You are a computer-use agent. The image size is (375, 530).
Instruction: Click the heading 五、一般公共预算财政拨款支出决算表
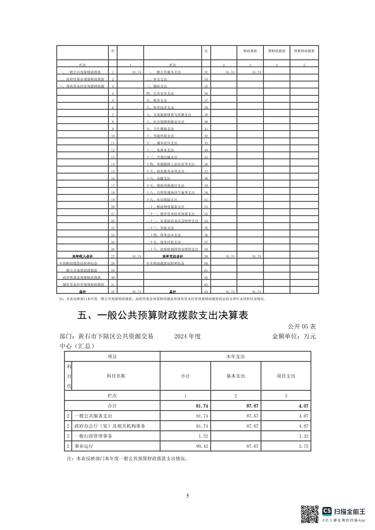click(162, 316)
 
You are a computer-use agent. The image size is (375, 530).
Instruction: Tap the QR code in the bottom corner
click(310, 514)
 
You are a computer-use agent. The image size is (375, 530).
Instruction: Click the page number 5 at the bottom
click(187, 496)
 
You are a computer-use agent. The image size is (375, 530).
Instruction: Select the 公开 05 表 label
click(302, 327)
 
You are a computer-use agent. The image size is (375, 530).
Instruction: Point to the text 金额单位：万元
click(294, 336)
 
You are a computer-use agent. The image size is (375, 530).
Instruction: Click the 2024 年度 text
click(187, 336)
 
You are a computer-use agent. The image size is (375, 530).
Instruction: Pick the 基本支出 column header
click(236, 376)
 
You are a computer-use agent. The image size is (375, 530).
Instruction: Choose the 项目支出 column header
click(286, 376)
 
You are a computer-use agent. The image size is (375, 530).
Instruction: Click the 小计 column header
click(185, 376)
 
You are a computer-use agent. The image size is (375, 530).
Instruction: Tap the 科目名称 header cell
click(116, 376)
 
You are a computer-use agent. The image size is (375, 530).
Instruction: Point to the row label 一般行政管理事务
click(93, 436)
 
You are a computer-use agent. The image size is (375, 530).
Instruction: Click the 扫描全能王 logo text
click(350, 512)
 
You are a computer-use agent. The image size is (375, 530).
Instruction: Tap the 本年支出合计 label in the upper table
click(172, 256)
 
